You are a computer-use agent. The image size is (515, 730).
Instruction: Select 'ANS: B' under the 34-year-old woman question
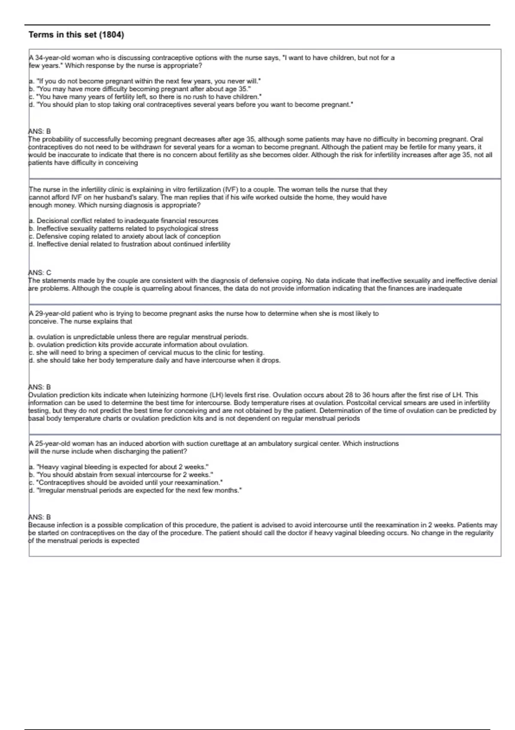point(39,131)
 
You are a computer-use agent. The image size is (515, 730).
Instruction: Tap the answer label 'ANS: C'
point(39,273)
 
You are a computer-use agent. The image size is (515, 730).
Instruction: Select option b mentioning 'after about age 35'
point(139,89)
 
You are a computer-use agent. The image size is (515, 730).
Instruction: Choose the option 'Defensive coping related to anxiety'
point(124,236)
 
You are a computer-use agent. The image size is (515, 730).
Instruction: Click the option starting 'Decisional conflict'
point(124,221)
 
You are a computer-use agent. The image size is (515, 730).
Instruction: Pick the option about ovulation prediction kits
point(138,344)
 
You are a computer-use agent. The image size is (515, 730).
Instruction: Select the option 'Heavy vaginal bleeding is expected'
point(119,467)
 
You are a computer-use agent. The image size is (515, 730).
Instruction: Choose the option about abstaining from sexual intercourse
point(121,474)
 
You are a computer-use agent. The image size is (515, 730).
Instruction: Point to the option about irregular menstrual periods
point(135,490)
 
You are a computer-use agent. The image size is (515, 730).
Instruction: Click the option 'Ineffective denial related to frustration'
point(130,244)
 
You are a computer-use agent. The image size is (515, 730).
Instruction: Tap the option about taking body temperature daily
point(154,360)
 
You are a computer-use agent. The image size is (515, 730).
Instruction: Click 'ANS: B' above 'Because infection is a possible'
point(39,517)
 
